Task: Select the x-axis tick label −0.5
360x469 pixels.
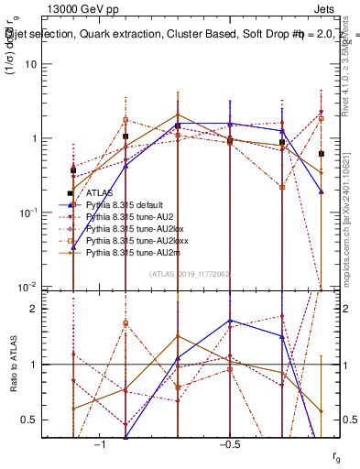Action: [x=228, y=444]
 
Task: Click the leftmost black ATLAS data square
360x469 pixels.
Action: [x=73, y=170]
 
